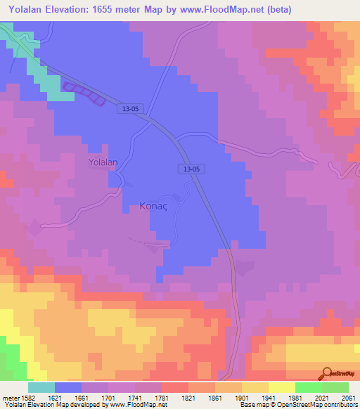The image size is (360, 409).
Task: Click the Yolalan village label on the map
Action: [x=103, y=162]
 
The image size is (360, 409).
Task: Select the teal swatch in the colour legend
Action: [x=41, y=387]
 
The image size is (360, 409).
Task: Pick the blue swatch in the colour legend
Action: [x=68, y=387]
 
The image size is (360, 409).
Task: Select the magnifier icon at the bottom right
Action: [x=326, y=373]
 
